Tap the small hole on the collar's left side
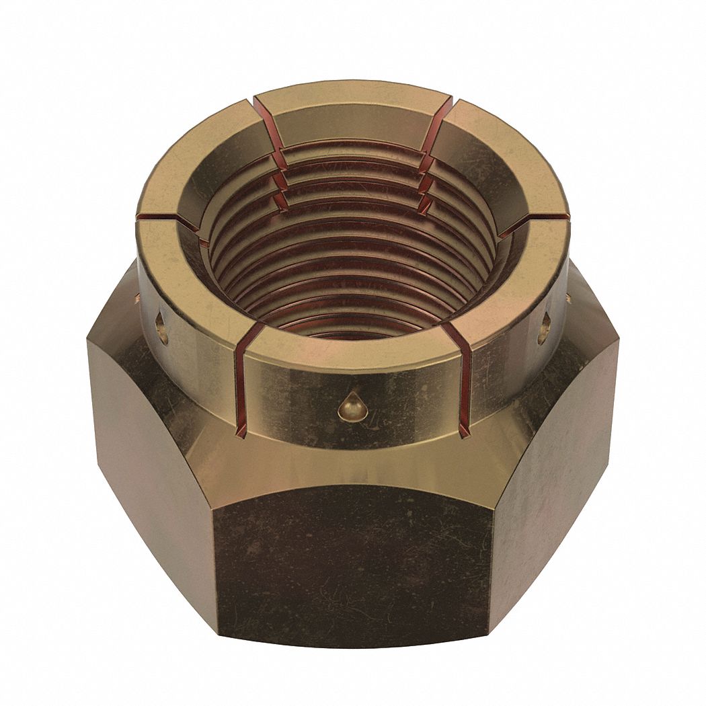click(x=161, y=327)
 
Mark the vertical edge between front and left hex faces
click(x=217, y=558)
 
